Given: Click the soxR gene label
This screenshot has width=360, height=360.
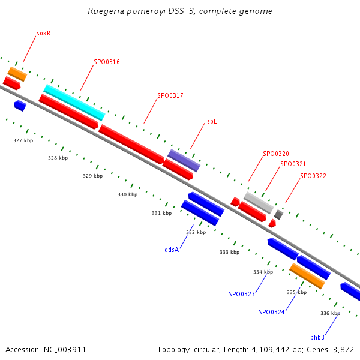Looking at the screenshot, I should [43, 34].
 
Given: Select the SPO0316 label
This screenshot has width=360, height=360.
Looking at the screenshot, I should [107, 62].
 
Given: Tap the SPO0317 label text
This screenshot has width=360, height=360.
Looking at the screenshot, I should [170, 95].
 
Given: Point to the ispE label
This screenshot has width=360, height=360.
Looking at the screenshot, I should [211, 121].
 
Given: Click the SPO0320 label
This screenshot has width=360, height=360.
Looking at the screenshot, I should [276, 154].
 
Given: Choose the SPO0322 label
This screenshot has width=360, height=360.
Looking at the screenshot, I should [313, 176].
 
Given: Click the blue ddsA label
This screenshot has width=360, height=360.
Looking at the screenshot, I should [172, 250].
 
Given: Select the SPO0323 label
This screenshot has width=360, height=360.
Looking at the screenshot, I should [242, 294].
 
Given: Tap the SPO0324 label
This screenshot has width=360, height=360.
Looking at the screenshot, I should [272, 312].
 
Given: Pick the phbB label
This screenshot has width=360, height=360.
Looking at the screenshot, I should [317, 337].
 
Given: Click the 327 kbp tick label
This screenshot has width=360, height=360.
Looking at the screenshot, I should [23, 140].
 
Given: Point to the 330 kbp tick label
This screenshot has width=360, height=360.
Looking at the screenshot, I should [127, 194].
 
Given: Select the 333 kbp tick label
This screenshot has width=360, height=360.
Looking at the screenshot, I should [229, 252].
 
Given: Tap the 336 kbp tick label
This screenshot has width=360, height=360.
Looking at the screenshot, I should [330, 313].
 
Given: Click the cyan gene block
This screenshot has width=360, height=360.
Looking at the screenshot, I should [74, 102].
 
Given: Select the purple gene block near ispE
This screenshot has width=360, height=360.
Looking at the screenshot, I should [184, 160].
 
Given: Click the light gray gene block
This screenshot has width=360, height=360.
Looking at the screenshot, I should [259, 202].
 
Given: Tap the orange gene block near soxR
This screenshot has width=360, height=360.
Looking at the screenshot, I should [17, 74].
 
